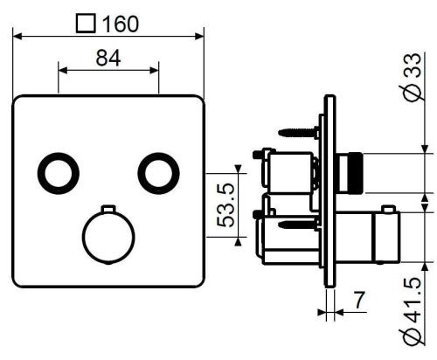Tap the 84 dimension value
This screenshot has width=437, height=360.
(108, 59)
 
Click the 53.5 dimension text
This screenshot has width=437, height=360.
(224, 204)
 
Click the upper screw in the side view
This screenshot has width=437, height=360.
(300, 132)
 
